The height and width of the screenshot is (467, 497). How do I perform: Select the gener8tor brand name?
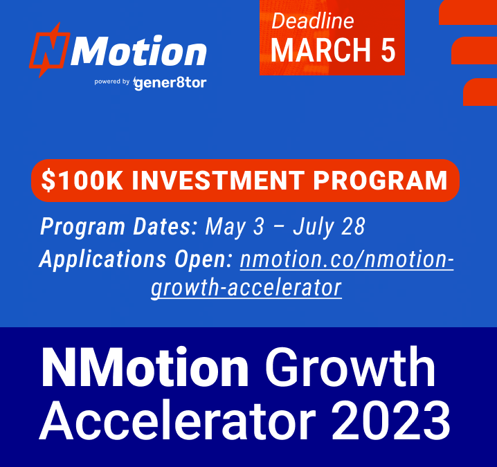coord(170,83)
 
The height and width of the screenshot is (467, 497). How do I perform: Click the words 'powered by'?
coord(113,82)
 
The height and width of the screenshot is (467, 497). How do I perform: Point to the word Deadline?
coord(313,21)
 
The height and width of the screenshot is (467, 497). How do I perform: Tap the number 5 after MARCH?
coord(387,51)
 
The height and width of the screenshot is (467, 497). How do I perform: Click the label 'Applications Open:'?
coord(136,259)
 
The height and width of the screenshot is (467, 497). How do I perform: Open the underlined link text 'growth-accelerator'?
coord(246,287)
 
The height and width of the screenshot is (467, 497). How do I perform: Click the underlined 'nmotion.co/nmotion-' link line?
coord(347,259)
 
